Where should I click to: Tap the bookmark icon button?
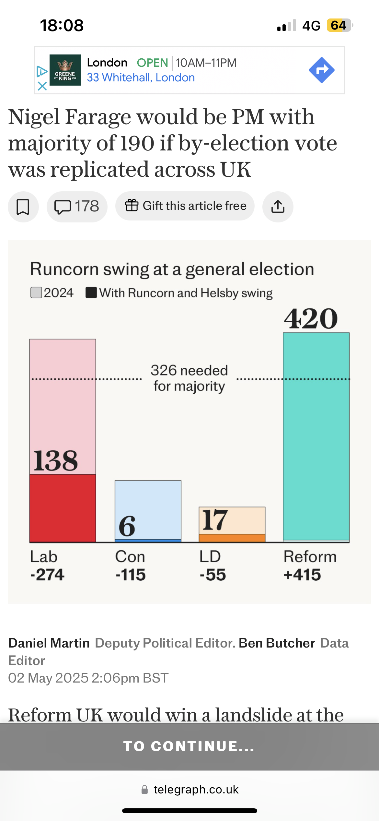(23, 207)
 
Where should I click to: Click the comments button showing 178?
(77, 207)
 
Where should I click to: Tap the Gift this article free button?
(185, 206)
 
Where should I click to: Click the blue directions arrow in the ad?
(321, 70)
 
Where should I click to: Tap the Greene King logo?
(65, 70)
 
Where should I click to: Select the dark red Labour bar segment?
(63, 508)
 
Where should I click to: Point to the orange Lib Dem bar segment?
(232, 538)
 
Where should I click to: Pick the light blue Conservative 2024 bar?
(148, 509)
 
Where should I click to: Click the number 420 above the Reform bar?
(311, 318)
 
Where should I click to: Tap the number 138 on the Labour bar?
(56, 460)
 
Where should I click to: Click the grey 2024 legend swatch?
(36, 292)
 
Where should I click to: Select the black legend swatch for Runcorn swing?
(91, 292)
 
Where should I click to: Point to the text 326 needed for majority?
(189, 378)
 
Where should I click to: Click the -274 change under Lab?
(47, 575)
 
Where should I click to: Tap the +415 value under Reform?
(302, 575)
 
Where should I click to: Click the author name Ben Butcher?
(277, 643)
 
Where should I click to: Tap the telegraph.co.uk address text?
(196, 789)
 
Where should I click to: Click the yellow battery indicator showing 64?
(339, 25)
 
